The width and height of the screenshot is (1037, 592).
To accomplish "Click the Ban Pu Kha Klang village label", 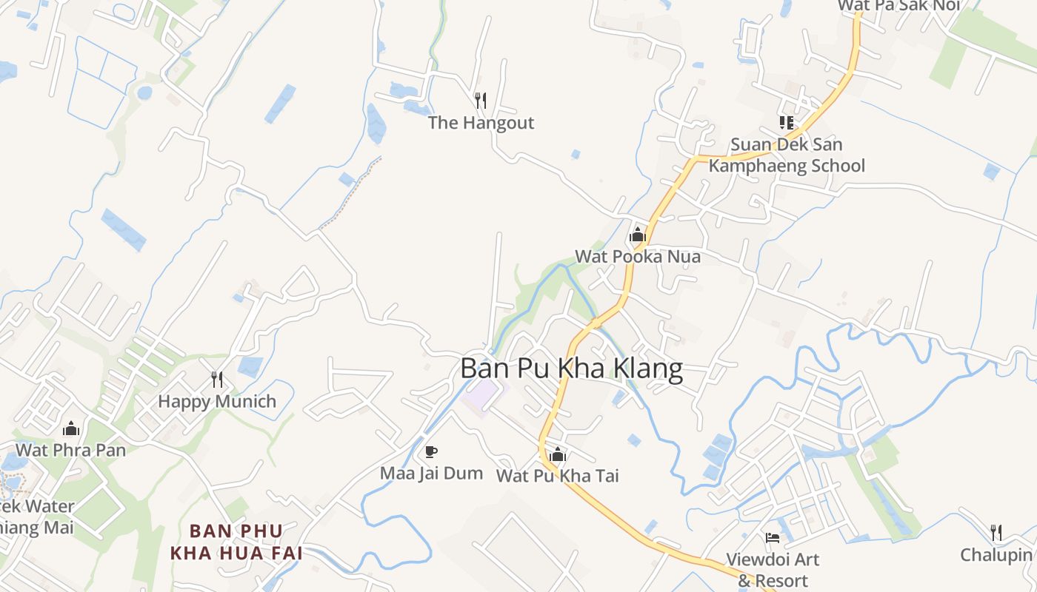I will (x=571, y=369).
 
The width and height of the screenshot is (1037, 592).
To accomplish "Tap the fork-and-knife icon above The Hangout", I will (x=481, y=100).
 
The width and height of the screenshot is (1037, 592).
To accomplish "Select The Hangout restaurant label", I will (x=481, y=123).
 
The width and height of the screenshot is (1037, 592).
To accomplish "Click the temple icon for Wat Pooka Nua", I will (x=637, y=235).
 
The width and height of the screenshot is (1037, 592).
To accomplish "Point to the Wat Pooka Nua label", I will (x=638, y=257).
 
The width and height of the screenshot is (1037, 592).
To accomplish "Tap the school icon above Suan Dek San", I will (x=786, y=122).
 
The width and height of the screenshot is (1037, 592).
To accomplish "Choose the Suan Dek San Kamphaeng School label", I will (x=787, y=155).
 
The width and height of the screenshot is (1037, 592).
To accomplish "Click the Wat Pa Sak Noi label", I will (x=898, y=6).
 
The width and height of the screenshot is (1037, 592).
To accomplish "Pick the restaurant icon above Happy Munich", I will (x=217, y=380).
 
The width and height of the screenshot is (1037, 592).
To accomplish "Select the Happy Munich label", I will (x=217, y=402).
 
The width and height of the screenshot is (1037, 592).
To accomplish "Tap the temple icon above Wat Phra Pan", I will (x=71, y=428).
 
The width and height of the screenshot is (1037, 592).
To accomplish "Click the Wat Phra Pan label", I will (x=71, y=450).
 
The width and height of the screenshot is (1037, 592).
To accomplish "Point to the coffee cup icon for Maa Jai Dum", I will (x=431, y=451).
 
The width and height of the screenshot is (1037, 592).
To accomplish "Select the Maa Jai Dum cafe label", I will (x=431, y=473).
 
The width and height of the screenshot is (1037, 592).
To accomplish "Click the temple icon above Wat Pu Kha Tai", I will (x=558, y=454).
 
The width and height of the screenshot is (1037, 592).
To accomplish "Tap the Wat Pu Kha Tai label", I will (x=558, y=476).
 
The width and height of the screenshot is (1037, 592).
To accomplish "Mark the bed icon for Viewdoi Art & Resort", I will (x=773, y=538).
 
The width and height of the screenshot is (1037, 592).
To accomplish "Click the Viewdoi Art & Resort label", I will (x=773, y=569).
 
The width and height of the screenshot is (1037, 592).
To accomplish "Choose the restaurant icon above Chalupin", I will (x=996, y=532).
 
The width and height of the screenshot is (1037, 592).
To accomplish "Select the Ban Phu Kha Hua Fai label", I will (x=236, y=542).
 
